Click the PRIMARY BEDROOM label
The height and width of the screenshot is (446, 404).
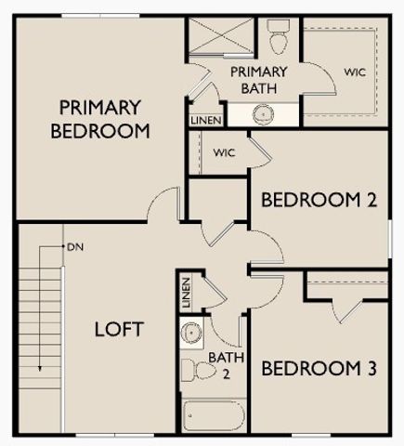(x=100, y=118)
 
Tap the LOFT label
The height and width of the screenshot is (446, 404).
(x=119, y=329)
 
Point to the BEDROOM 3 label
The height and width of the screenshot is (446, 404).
(x=319, y=369)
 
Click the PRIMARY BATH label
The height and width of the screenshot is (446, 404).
(x=258, y=80)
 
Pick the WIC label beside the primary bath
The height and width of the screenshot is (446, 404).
(x=354, y=72)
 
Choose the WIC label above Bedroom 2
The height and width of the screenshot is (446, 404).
(x=224, y=152)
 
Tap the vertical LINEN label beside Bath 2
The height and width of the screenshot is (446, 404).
(x=187, y=293)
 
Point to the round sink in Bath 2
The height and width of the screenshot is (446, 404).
(x=192, y=332)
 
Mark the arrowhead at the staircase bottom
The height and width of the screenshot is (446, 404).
(x=41, y=370)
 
